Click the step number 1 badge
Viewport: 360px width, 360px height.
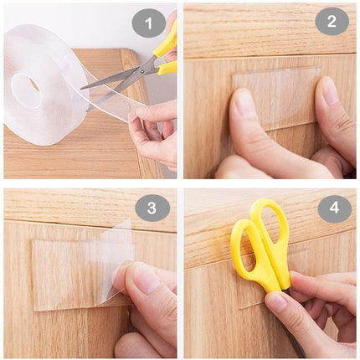tap(149, 23)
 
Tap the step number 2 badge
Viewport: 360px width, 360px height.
tap(332, 21)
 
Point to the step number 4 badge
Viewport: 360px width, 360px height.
tap(334, 208)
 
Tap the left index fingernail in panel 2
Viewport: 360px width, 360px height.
tap(244, 104)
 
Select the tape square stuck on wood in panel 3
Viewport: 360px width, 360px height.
tap(63, 272)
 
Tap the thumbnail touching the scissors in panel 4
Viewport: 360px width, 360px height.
tap(276, 300)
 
